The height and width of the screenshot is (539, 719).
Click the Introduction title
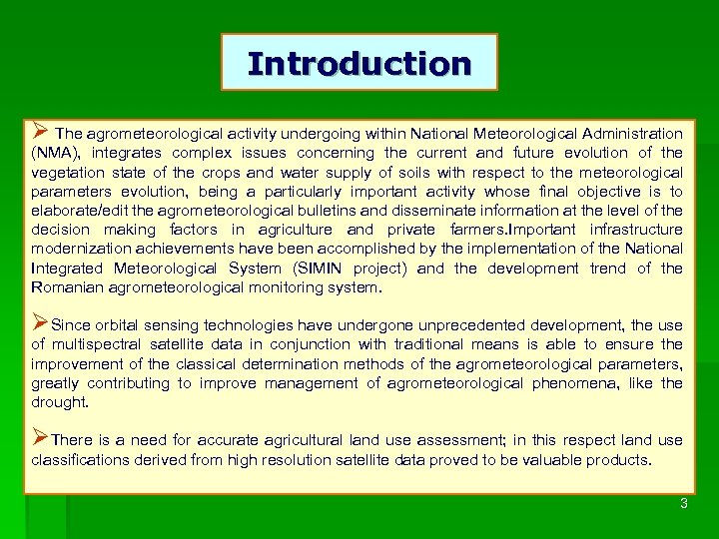359,63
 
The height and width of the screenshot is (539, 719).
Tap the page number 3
684,504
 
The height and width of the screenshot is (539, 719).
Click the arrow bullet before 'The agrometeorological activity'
40,132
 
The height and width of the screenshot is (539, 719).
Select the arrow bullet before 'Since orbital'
40,323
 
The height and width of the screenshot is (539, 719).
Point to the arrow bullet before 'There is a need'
40,439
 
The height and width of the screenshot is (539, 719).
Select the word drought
59,402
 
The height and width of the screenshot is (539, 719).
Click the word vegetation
69,173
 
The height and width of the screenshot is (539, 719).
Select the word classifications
81,460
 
